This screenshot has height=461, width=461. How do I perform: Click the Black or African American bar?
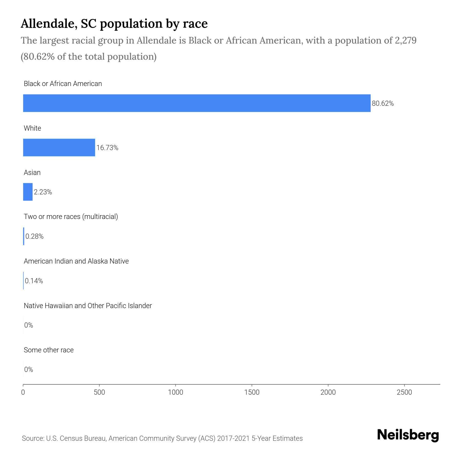pos(197,103)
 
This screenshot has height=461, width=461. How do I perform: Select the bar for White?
pos(59,148)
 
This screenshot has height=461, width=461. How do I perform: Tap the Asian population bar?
pos(28,192)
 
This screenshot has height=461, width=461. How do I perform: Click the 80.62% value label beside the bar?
pos(383,103)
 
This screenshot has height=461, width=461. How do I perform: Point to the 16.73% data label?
pos(107,148)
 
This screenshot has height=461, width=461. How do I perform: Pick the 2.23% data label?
pos(43,192)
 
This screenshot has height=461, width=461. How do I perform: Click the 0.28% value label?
pos(35,236)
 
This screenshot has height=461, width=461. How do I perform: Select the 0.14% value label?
pos(34,281)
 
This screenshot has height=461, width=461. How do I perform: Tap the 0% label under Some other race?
pos(29,369)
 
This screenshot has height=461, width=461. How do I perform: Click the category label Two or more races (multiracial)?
pos(71,217)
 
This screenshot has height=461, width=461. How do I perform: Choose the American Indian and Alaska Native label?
pos(76,261)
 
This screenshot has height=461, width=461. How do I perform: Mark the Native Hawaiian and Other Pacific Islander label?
pos(88,306)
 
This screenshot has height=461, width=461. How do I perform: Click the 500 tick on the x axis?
pos(99,392)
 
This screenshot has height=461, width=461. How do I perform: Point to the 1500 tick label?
pos(252,392)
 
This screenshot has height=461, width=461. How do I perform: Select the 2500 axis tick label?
pos(404,392)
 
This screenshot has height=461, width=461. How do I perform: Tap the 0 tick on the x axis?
pos(23,392)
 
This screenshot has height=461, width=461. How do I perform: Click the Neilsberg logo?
pos(408,435)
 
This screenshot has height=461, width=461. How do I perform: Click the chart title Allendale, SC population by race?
pos(114,24)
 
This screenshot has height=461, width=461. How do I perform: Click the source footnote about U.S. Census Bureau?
pos(162,438)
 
